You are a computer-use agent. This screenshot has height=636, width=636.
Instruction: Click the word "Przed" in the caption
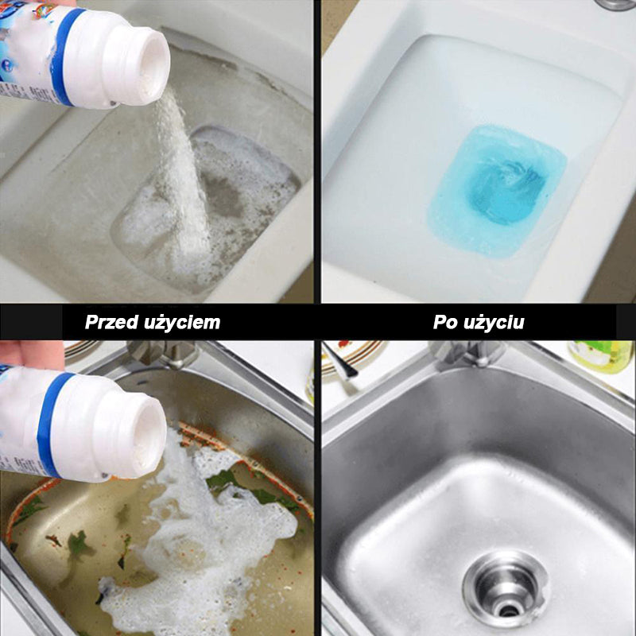112,323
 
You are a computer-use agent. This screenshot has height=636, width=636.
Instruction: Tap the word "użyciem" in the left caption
182,323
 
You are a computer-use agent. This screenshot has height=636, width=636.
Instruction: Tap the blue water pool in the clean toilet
498,190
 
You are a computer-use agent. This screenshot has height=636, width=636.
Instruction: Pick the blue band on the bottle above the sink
51,424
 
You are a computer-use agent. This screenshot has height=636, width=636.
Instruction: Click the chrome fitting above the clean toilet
615,4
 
